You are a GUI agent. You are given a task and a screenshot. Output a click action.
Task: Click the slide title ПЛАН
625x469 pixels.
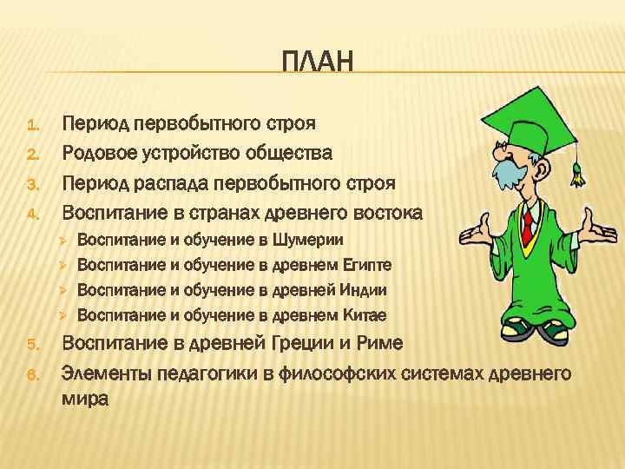tap(319, 62)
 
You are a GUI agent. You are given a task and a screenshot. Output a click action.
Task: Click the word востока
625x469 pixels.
tap(385, 213)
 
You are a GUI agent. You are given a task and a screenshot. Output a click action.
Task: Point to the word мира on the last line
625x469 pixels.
tap(84, 400)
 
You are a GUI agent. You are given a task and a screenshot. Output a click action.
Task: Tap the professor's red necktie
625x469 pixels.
tap(526, 225)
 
